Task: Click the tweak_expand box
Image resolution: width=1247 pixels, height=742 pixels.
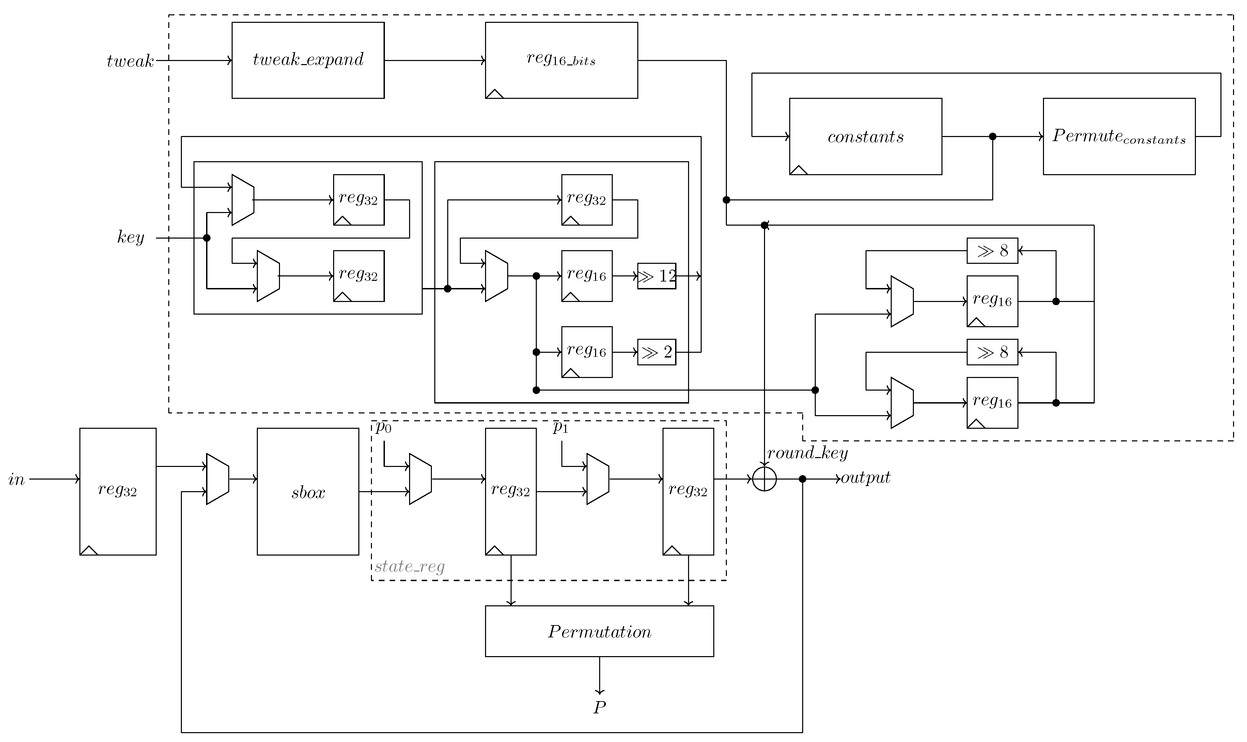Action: pos(308,60)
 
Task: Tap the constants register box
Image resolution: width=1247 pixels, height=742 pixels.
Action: pos(865,136)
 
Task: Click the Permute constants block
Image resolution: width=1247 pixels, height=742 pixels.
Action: pos(1119,136)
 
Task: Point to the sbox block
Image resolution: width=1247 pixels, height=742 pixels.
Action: pos(308,491)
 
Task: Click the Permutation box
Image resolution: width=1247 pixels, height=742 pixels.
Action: pos(599,631)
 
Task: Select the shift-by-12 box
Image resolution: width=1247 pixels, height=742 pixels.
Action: pos(656,276)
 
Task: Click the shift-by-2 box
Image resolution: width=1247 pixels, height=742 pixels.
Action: pos(656,352)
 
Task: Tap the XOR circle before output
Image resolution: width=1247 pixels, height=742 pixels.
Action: pos(764,479)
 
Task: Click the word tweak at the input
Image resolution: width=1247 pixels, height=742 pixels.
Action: pos(130,61)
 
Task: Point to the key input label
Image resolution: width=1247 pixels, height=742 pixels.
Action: pos(130,237)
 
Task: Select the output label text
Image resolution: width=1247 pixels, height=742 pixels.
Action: pos(865,478)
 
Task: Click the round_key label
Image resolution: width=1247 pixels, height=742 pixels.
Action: pos(807,453)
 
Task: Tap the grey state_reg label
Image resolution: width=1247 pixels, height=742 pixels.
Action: pos(409,566)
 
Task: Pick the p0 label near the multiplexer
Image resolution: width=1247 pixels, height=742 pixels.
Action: pos(383,427)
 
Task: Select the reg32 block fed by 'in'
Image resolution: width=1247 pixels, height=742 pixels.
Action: pos(118,491)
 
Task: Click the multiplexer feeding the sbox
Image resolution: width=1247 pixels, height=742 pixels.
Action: pos(217,479)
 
